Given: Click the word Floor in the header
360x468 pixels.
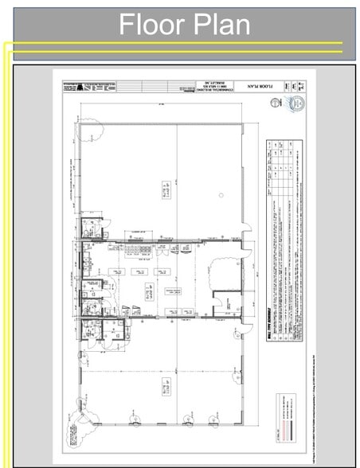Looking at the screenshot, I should (x=151, y=25).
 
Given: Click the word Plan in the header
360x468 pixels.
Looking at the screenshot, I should (x=219, y=25).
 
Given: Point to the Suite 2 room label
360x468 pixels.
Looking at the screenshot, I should (x=148, y=288).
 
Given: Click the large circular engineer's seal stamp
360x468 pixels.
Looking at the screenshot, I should (x=295, y=104).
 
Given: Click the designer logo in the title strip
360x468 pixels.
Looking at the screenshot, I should (x=76, y=84).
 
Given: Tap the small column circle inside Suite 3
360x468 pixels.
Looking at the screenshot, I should (x=220, y=194).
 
